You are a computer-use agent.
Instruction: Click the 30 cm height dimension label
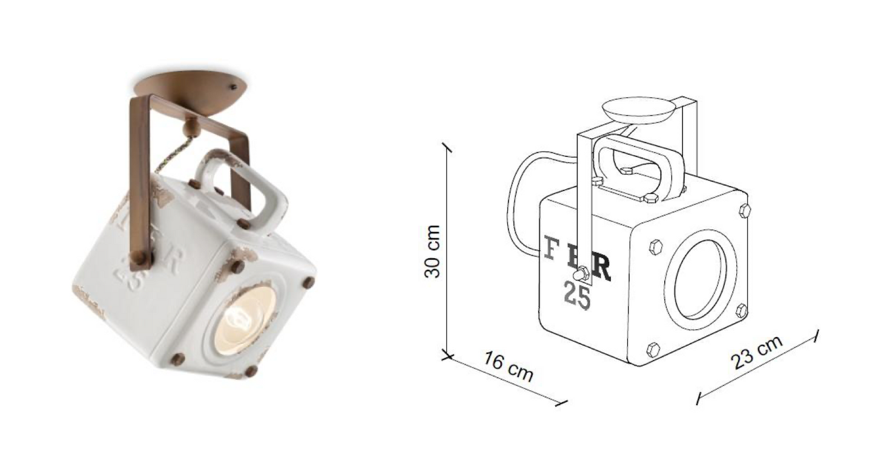pos(432,252)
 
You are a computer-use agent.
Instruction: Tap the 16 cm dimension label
pos(509,367)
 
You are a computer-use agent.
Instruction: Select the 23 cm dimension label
pos(757,352)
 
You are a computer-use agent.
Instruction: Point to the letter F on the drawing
pos(550,249)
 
